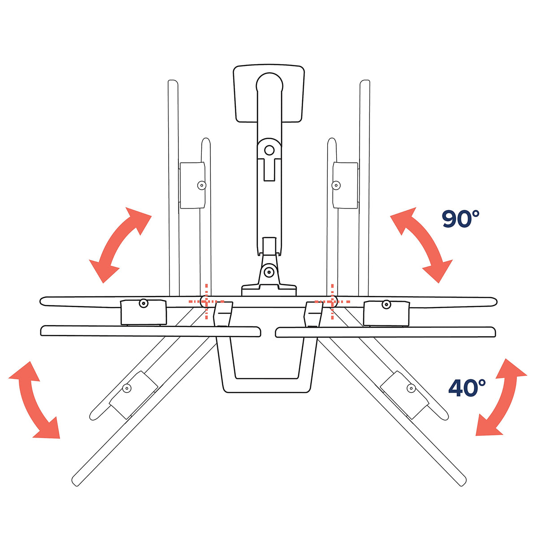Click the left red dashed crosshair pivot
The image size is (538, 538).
206,301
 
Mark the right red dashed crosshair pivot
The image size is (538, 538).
332,301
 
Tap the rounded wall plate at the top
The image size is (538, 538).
269,94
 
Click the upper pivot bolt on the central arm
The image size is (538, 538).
269,150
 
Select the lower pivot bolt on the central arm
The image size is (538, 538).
269,271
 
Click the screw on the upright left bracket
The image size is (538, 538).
202,185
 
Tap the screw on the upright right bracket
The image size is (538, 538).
336,185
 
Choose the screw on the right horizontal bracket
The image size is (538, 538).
386,304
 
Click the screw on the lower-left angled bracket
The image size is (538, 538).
127,388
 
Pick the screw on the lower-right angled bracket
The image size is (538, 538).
411,388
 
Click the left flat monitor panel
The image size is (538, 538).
151,331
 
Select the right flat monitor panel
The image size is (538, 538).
386,332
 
